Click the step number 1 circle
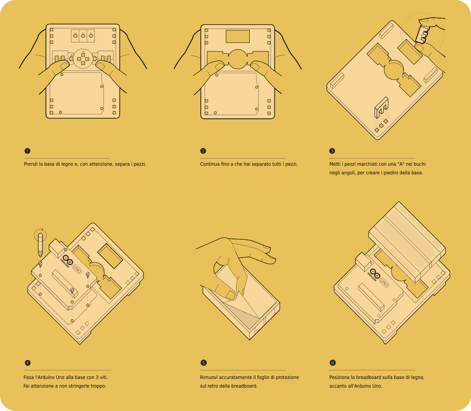tap(28, 151)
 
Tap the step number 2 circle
tap(203, 151)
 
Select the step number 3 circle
tap(332, 151)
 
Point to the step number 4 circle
tap(28, 363)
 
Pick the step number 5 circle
tap(203, 363)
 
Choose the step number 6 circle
tap(332, 363)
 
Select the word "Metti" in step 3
tap(335, 164)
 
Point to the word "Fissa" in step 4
tap(29, 377)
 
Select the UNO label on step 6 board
tap(384, 283)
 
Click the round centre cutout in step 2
tap(238, 59)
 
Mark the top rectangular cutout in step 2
tap(238, 36)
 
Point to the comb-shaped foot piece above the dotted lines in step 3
tap(381, 107)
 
